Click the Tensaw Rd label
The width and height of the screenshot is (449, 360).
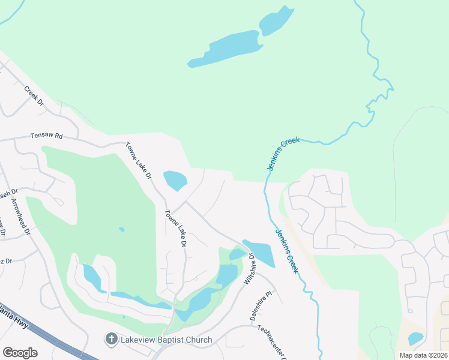point(47,136)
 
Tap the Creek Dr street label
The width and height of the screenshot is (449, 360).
point(34,96)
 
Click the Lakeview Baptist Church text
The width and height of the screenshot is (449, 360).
point(166,340)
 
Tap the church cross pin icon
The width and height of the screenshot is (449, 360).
point(111,340)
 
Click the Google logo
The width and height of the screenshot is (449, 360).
point(20,353)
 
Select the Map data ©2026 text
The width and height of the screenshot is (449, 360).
point(423,355)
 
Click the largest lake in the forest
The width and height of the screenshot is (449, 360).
point(225,50)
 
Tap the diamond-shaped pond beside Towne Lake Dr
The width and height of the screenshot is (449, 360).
point(175,179)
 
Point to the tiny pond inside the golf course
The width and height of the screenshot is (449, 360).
point(122,229)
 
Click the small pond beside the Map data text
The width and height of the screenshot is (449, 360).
point(415,339)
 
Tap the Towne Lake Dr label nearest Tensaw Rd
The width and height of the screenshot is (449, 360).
point(139,160)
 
